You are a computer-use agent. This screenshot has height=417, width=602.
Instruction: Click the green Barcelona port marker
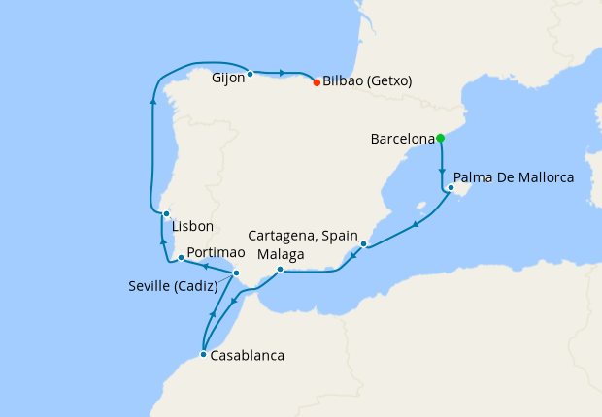[x=440, y=138]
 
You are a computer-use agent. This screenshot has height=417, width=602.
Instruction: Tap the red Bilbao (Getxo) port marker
[x=317, y=82]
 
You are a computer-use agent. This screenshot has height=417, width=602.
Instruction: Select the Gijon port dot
[x=250, y=74]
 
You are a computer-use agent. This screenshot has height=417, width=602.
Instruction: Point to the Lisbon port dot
[x=166, y=214]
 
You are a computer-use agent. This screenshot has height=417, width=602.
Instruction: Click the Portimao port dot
[x=182, y=258]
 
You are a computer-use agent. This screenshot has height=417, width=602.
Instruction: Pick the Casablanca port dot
[x=203, y=355]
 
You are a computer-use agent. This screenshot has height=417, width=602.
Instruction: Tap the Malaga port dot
[x=280, y=270]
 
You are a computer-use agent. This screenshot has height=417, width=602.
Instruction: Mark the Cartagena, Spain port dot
[x=363, y=243]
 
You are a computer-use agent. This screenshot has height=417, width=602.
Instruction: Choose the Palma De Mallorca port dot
[x=451, y=188]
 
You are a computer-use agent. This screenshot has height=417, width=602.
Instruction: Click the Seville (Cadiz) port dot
[x=236, y=273]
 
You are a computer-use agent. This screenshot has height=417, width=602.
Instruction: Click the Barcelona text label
[x=402, y=140]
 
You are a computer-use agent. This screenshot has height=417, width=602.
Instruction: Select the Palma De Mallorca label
[x=514, y=177]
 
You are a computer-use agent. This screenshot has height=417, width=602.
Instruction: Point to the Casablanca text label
[x=247, y=356]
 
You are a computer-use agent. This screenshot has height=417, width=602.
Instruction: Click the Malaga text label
[x=281, y=254]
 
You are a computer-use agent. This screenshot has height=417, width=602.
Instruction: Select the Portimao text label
[x=216, y=252]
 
